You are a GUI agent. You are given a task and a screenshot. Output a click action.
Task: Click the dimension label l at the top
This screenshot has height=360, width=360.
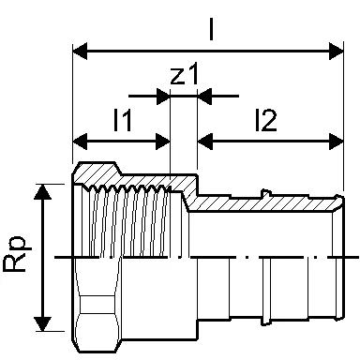pos(212,29)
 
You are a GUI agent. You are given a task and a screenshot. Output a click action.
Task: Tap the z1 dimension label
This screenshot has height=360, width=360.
pos(185,74)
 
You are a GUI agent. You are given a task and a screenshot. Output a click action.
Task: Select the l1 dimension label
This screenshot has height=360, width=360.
pos(123,119)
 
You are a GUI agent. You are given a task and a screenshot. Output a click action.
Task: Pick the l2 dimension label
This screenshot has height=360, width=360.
pos(265,120)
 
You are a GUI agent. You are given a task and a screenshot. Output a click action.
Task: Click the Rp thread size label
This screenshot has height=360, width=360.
pos(18,255)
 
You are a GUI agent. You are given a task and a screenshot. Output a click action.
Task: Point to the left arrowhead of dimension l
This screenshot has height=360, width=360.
pos(80,51)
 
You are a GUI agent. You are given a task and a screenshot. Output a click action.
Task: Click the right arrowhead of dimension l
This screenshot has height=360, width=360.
pos(337,51)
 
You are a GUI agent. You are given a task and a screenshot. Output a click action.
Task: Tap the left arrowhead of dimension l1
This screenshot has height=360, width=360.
pos(80,142)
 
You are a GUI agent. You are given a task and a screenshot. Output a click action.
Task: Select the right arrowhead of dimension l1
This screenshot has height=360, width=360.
pos(162,142)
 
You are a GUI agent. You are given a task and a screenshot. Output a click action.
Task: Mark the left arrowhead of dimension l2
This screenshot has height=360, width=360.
pos(204,142)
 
